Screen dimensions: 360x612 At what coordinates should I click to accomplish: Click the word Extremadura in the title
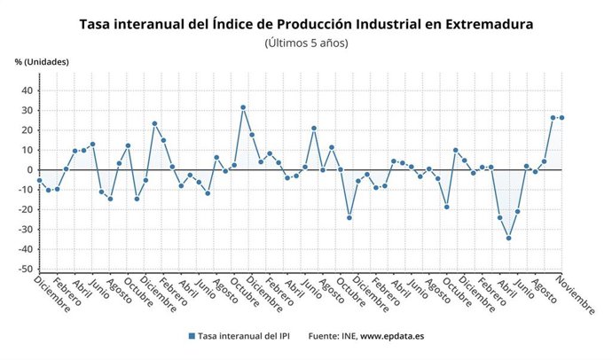(483, 24)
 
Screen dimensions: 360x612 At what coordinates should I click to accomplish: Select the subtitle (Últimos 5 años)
(306, 43)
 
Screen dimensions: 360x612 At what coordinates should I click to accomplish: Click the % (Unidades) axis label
(42, 61)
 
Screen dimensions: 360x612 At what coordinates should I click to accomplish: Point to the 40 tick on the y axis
(27, 90)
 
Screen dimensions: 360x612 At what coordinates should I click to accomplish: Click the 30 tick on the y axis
(27, 110)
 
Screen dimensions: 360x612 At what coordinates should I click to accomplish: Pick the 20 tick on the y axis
(27, 130)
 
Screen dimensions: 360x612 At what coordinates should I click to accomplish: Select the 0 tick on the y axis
(29, 170)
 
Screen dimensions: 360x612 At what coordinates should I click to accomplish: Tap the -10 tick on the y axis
(25, 190)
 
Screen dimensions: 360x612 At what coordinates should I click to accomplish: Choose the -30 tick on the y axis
(25, 230)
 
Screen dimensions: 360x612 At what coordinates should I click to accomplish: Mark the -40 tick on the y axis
(25, 249)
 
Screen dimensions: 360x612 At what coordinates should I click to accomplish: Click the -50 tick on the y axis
(25, 270)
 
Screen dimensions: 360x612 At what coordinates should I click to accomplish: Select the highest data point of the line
(243, 107)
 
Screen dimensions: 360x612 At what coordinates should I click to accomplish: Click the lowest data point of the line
(509, 238)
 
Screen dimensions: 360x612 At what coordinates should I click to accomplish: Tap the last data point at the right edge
(562, 118)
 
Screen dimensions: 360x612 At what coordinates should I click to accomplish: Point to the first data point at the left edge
(39, 180)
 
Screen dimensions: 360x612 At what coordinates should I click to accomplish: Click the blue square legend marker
(191, 336)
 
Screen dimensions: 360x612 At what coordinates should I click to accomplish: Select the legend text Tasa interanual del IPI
(243, 336)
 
